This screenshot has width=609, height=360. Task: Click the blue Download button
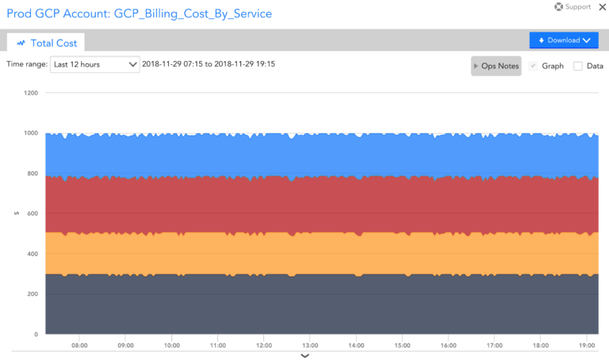click(x=563, y=40)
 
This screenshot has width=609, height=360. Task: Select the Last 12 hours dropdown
click(x=95, y=64)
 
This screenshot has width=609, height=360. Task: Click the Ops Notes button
click(x=496, y=66)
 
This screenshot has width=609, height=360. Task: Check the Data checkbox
click(x=578, y=66)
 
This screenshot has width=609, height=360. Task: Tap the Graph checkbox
click(x=534, y=66)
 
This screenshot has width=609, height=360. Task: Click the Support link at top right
click(x=573, y=7)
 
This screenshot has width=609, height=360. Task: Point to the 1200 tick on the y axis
click(x=31, y=93)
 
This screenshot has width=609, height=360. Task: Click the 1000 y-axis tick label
click(x=31, y=133)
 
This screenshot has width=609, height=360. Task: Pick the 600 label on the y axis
click(x=33, y=214)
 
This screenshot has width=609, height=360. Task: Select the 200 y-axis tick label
click(x=33, y=294)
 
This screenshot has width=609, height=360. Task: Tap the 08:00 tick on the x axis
click(x=79, y=346)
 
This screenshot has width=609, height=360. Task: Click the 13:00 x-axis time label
click(x=310, y=346)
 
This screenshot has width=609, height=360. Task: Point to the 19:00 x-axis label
click(x=587, y=346)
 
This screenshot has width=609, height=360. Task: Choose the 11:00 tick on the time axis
click(x=218, y=346)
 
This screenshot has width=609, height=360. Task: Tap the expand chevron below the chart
click(x=304, y=356)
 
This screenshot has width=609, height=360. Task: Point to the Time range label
click(x=26, y=64)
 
